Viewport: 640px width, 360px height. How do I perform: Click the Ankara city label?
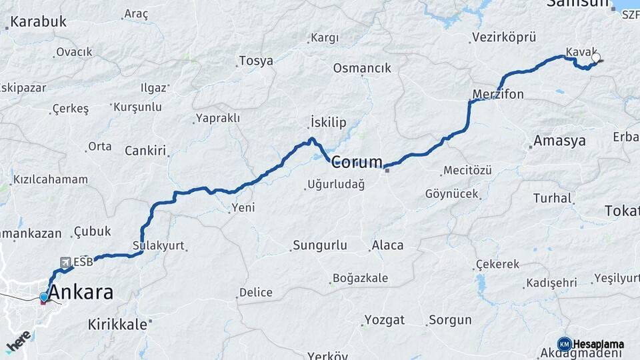point(81,292)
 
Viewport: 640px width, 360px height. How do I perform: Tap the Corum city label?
point(357,161)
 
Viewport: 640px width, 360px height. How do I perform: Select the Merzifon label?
point(498,94)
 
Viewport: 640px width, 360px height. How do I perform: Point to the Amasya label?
point(559,141)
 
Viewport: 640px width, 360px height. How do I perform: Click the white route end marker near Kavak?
point(595,58)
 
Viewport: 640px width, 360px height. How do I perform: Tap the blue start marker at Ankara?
point(44,297)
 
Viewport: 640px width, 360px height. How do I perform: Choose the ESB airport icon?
point(65,262)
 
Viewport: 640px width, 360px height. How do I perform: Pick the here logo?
point(19,341)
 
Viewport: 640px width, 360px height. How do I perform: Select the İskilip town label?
point(329,123)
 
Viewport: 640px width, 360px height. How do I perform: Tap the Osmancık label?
point(362,68)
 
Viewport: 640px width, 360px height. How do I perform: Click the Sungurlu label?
point(320,245)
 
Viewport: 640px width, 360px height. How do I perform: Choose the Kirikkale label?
point(117,325)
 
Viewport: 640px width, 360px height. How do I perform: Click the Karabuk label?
point(39,21)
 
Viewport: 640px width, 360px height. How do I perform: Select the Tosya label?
point(256,61)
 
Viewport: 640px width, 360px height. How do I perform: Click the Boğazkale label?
point(359,279)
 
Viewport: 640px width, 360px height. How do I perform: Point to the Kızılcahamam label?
point(51,179)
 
